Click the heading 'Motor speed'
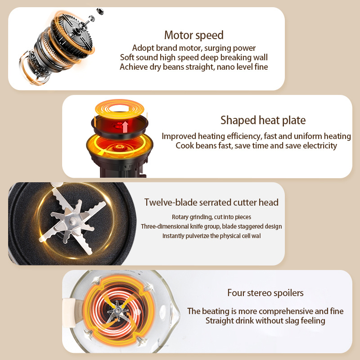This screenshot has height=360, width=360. (x=194, y=36)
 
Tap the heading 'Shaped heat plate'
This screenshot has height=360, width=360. (x=263, y=120)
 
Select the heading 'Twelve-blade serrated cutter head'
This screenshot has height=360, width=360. (x=211, y=202)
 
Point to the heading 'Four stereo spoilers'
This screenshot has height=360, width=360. (x=265, y=293)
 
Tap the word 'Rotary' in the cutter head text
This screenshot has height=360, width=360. (x=180, y=217)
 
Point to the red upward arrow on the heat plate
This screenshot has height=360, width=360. (x=125, y=127)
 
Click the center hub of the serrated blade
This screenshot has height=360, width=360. (x=72, y=221)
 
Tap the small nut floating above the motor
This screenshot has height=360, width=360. (x=100, y=11)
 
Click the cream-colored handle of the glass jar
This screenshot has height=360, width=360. (x=69, y=312)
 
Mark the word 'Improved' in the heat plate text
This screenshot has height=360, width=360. (x=179, y=136)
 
